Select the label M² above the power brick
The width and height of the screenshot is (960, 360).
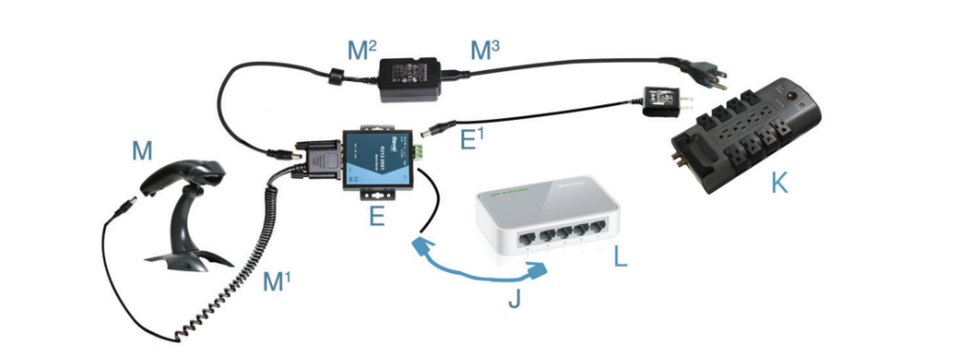(362, 50)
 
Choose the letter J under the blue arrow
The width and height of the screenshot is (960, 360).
(514, 302)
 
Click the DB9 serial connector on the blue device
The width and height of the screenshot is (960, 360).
(320, 161)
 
